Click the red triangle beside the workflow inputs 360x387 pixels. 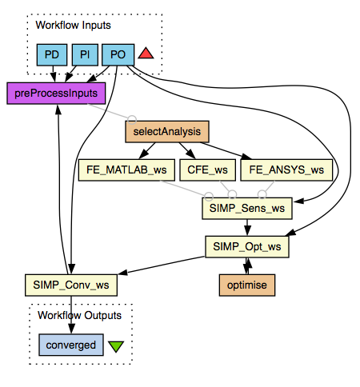click(x=146, y=54)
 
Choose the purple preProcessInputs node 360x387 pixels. click(x=57, y=93)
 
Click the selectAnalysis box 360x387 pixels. click(x=166, y=131)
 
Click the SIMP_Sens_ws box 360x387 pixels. click(x=247, y=208)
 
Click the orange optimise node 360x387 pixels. click(x=247, y=284)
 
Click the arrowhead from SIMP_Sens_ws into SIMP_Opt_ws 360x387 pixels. click(x=247, y=233)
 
